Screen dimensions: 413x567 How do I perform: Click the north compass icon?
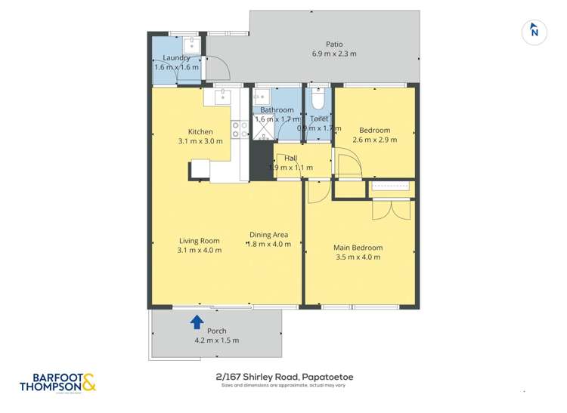(534, 31)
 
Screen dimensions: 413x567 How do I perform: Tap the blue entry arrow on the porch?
(197, 322)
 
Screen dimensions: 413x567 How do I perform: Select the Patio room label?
(334, 44)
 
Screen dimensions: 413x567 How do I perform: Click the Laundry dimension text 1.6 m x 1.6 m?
(176, 67)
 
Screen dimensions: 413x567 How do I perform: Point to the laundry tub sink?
(191, 45)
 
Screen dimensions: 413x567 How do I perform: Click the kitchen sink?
(223, 96)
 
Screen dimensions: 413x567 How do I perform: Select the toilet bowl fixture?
(318, 100)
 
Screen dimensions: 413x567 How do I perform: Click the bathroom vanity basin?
(262, 97)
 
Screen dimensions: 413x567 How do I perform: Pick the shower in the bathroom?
(264, 129)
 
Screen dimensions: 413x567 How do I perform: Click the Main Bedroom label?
(358, 248)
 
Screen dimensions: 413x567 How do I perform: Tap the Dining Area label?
(270, 235)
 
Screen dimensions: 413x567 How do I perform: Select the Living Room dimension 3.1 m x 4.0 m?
(199, 250)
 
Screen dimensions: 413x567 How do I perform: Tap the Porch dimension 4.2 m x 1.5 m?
(215, 341)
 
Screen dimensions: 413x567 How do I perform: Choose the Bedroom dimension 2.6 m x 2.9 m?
(374, 140)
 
